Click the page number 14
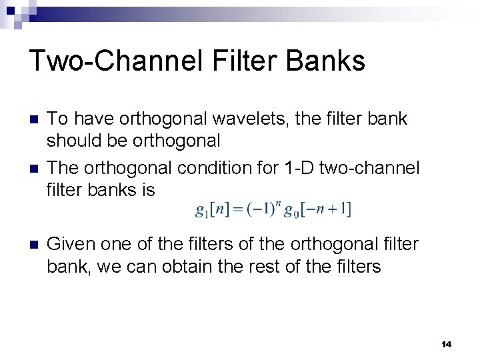(x=446, y=344)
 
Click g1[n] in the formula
(x=212, y=209)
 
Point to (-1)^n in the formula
(x=262, y=208)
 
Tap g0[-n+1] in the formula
(x=317, y=209)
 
